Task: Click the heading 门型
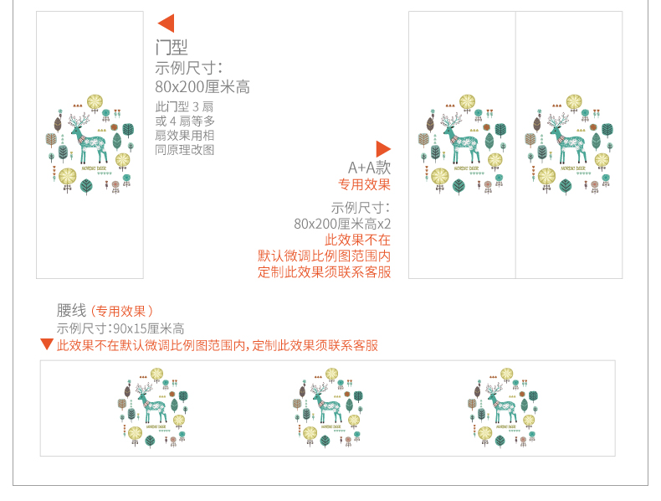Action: [172, 48]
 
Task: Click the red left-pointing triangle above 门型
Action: [166, 23]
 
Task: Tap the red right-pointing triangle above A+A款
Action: [383, 149]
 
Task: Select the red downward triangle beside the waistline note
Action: [47, 344]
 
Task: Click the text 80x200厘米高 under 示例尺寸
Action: [202, 87]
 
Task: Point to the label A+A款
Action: [369, 168]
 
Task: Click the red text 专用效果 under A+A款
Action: [364, 184]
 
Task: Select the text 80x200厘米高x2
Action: [342, 224]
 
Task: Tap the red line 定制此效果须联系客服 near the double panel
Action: [324, 272]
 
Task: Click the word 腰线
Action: [71, 311]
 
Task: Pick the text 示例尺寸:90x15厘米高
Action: [120, 328]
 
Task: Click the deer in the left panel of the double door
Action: [461, 142]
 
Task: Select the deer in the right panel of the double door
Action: [567, 142]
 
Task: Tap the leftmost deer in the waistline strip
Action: [152, 405]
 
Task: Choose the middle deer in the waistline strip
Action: [327, 405]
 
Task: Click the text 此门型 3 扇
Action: [185, 106]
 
